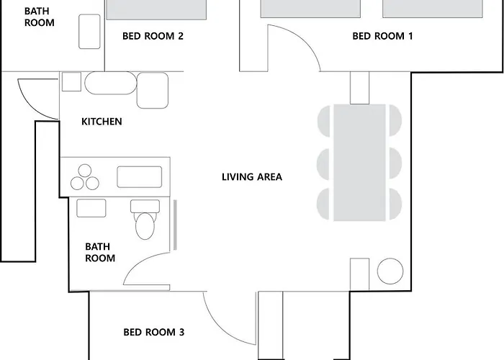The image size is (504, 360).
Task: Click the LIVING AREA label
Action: [x=252, y=177]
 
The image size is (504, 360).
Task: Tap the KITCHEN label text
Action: [x=102, y=122]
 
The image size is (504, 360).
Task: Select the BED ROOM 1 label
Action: [x=382, y=36]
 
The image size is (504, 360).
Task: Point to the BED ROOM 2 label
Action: [x=153, y=36]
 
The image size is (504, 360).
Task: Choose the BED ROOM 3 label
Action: [x=154, y=332]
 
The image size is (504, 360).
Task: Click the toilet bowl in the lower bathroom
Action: [x=145, y=225]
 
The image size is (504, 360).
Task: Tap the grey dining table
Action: [x=359, y=163]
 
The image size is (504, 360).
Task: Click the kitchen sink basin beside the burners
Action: [x=139, y=177]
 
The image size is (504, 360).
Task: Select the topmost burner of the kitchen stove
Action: [x=85, y=171]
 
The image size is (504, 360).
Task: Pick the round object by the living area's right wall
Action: [x=390, y=271]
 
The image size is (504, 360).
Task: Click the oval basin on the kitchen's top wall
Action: [x=111, y=83]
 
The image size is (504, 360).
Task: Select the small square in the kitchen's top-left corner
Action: [x=71, y=81]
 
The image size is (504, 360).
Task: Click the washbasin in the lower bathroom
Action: [x=91, y=208]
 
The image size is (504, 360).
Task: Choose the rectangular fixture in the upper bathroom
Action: [x=89, y=32]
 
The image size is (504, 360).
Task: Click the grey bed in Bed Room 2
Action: [x=156, y=9]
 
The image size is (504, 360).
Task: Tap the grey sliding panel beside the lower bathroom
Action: [x=175, y=225]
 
